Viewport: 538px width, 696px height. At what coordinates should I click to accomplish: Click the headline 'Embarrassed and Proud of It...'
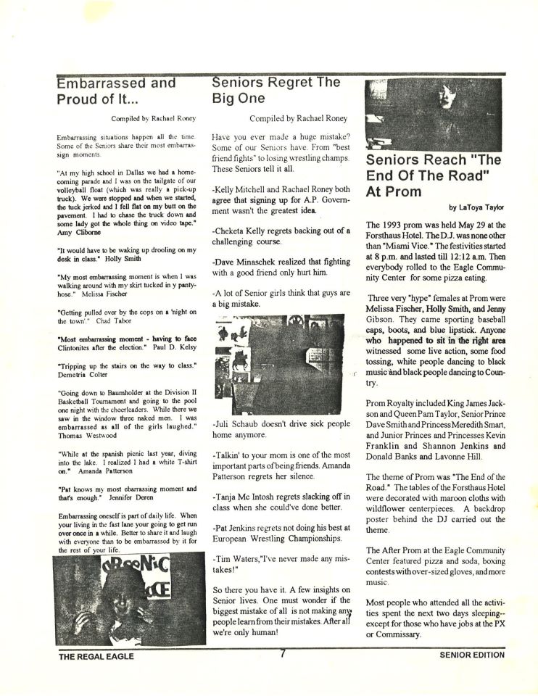click(x=116, y=91)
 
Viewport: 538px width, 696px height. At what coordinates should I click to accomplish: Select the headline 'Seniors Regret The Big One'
click(x=276, y=91)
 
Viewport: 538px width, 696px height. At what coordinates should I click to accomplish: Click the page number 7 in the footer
click(x=284, y=653)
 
